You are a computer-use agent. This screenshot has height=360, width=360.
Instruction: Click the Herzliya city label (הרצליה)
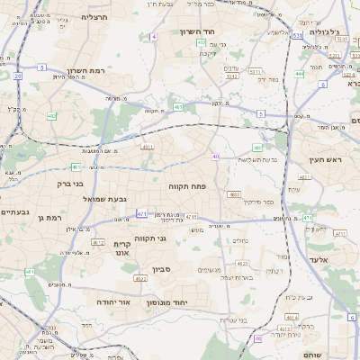pyautogui.click(x=94, y=17)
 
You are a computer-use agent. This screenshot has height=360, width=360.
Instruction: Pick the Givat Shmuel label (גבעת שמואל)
pyautogui.click(x=110, y=198)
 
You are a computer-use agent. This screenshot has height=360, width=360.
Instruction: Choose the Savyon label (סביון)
pyautogui.click(x=161, y=268)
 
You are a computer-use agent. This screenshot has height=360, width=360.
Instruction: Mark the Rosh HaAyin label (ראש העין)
pyautogui.click(x=328, y=159)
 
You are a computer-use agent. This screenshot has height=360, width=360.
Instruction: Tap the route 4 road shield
pyautogui.click(x=154, y=37)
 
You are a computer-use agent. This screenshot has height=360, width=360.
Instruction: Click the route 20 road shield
pyautogui.click(x=17, y=76)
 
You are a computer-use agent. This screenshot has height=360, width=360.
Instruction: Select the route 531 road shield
pyautogui.click(x=297, y=34)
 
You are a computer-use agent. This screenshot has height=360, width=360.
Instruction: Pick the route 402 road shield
pyautogui.click(x=51, y=116)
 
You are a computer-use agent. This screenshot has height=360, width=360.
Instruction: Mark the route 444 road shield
pyautogui.click(x=298, y=75)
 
